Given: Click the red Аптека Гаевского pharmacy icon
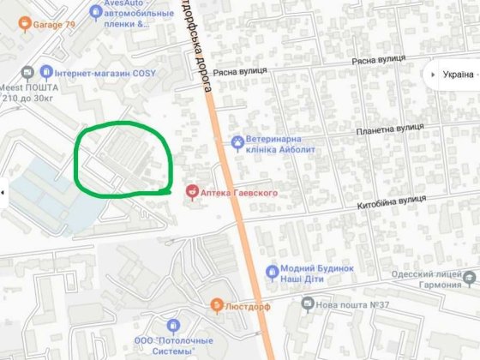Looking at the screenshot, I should click(192, 190).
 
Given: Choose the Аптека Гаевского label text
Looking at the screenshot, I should click(241, 194).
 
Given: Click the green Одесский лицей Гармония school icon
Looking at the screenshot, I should click(469, 279).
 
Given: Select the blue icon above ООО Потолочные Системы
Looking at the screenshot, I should click(173, 326).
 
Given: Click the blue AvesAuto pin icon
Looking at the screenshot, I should click(94, 11).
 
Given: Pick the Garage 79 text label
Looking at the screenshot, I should click(54, 24).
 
